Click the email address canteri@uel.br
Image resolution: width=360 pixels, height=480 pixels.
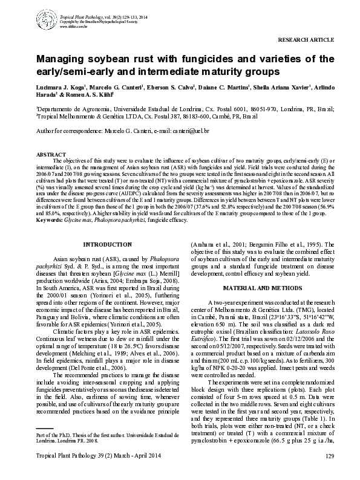[189, 130]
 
